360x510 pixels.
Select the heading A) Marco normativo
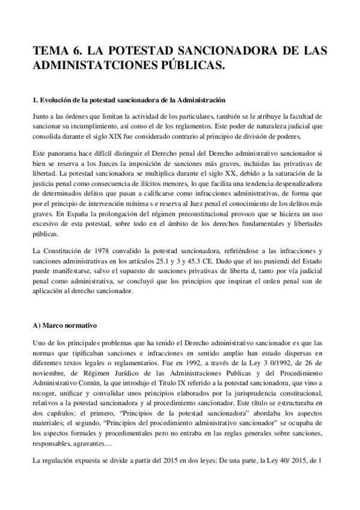click(x=65, y=325)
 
